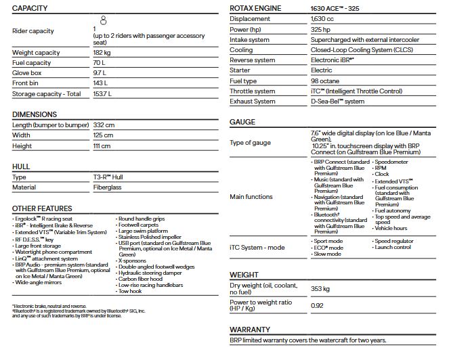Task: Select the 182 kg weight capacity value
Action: (102, 52)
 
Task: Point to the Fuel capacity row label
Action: (33, 62)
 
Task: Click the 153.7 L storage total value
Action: (103, 93)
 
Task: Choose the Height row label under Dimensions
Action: (22, 145)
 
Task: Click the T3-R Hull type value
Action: (108, 177)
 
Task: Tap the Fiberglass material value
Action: (108, 187)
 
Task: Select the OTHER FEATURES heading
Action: (42, 208)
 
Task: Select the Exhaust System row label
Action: (253, 101)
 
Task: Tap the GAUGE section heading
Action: (242, 122)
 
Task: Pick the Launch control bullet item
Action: (394, 247)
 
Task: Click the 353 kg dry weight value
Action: (320, 289)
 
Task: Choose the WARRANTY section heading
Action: (251, 330)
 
